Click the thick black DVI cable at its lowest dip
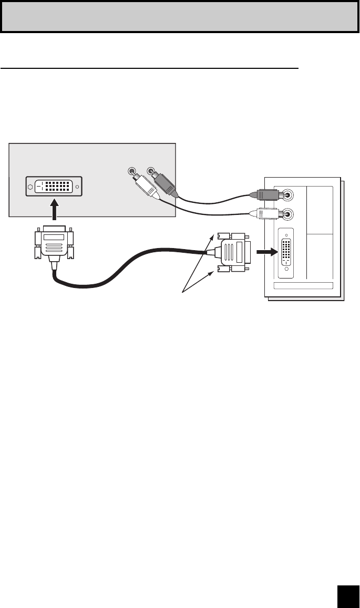pos(89,286)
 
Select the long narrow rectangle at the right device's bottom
pos(304,285)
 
